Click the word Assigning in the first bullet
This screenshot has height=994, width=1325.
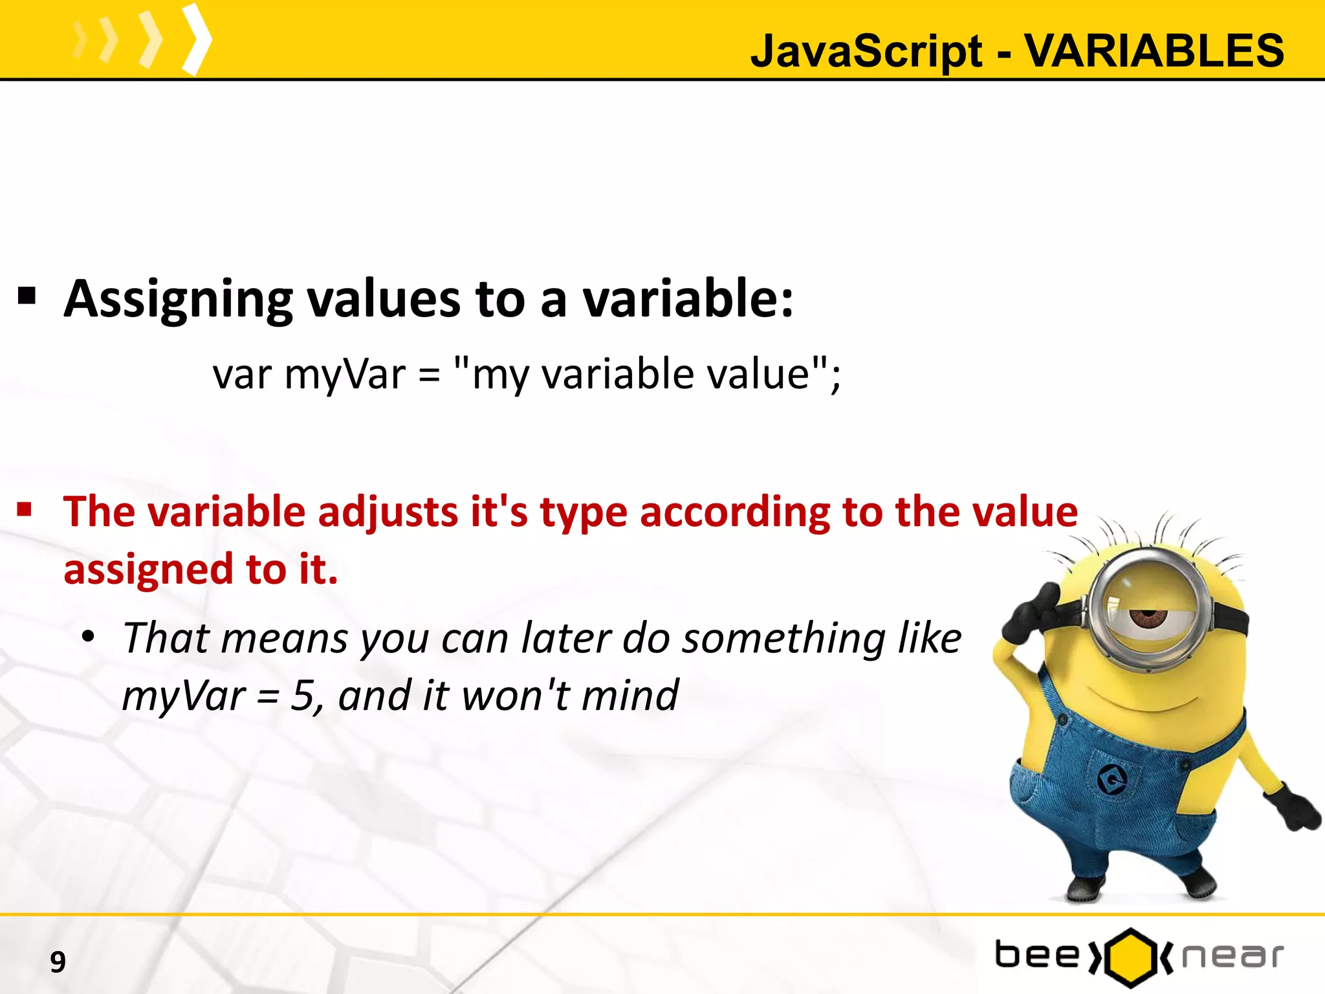click(x=177, y=300)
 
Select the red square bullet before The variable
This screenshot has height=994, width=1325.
click(x=25, y=510)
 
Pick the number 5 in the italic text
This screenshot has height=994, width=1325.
click(x=302, y=696)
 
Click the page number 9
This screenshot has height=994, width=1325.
click(x=58, y=962)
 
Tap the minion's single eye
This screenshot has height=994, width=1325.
click(x=1148, y=617)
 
